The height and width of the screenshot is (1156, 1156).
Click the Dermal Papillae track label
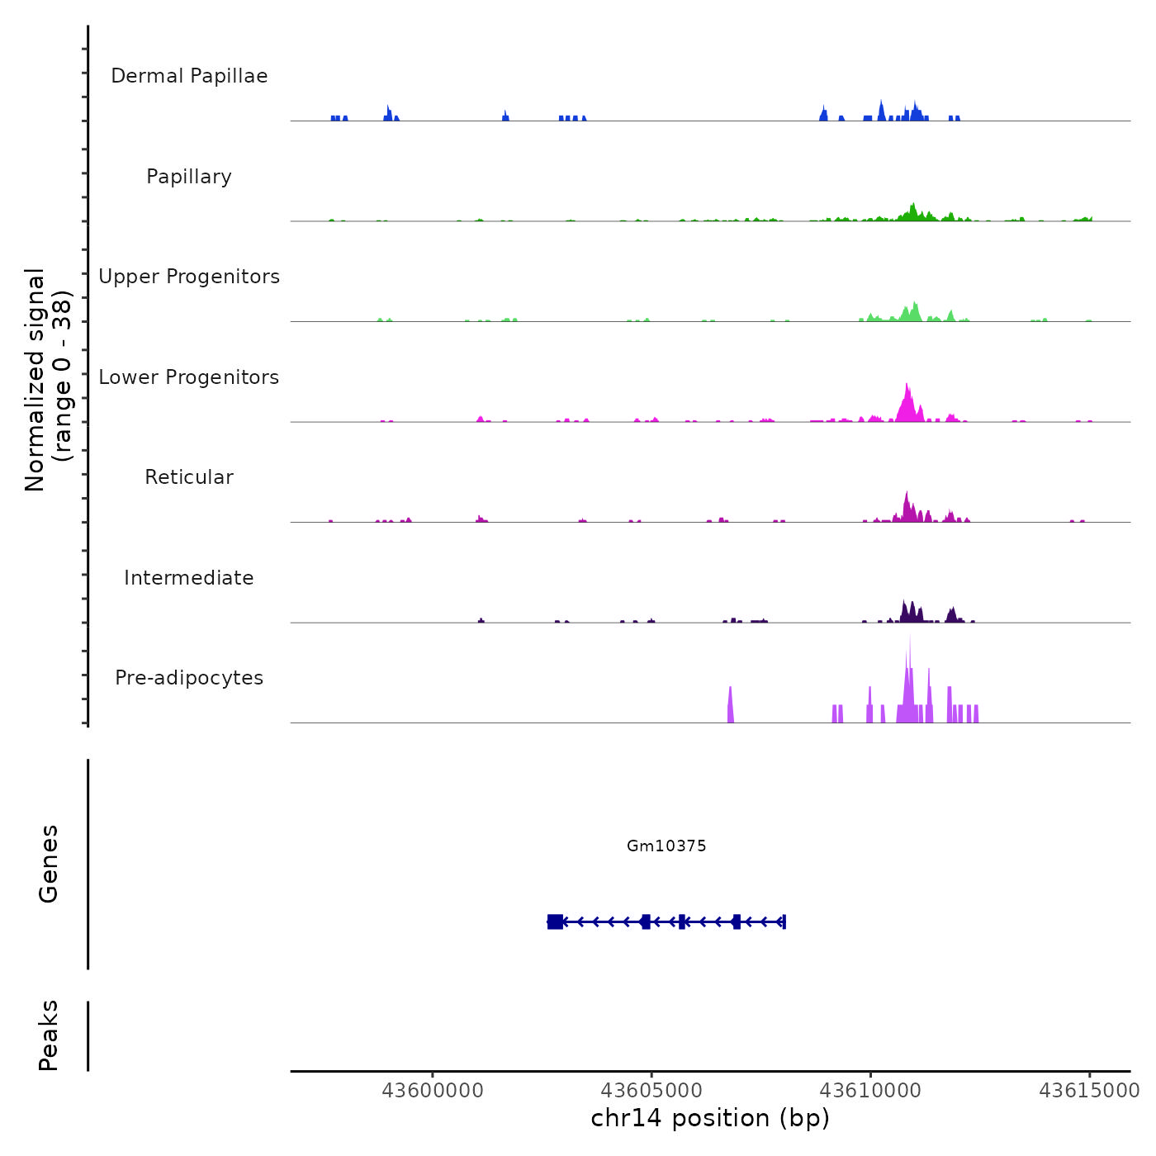coord(189,76)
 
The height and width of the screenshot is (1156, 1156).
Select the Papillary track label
coord(189,177)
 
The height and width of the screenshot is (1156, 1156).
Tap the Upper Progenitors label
coord(189,277)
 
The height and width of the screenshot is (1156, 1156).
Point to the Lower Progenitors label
coord(189,377)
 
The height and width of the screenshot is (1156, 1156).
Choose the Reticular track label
coord(189,477)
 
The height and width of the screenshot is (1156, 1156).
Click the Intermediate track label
coord(189,578)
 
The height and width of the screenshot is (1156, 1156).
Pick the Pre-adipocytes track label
coord(189,678)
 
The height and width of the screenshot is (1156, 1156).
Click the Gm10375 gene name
coord(666,846)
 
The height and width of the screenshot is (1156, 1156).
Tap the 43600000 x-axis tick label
coord(433,1091)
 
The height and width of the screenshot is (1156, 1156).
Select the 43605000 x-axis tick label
coord(651,1091)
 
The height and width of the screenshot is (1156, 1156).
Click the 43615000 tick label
coord(1089,1091)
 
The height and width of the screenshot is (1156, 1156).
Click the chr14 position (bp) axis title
coord(710,1118)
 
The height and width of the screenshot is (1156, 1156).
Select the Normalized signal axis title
coord(48,379)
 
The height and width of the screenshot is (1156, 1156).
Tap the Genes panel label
coord(49,864)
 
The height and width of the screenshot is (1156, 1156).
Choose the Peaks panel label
coord(49,1035)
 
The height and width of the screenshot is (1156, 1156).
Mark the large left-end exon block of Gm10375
coord(555,921)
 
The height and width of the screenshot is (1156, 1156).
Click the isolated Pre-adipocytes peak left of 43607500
coord(731,706)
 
